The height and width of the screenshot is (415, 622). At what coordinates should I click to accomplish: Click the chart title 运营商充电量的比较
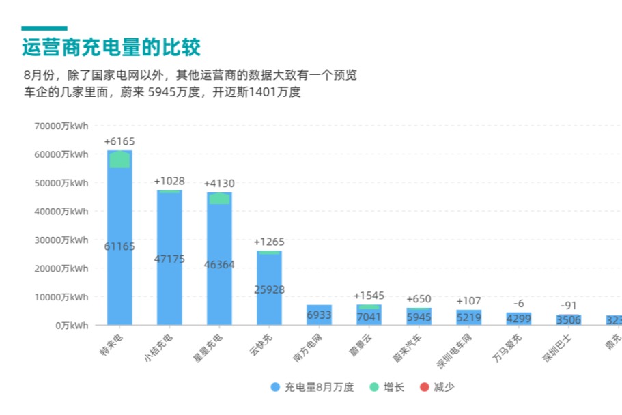[x=111, y=48]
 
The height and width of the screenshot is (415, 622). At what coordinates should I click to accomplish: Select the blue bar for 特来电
[x=119, y=273]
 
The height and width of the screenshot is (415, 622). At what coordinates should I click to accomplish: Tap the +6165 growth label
[x=119, y=141]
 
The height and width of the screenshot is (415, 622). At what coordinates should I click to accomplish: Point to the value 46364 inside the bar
[x=219, y=264]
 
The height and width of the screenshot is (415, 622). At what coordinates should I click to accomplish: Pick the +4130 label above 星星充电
[x=219, y=183]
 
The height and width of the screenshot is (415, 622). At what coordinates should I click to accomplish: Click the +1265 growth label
[x=269, y=242]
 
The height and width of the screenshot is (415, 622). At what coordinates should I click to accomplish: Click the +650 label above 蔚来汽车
[x=419, y=299]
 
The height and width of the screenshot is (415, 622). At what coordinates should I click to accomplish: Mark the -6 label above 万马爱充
[x=519, y=304]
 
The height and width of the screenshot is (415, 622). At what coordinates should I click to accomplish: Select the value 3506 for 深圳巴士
[x=568, y=319]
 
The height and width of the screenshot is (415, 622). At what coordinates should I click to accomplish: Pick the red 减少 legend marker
[x=424, y=387]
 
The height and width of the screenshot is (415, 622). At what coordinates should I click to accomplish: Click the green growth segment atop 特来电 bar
[x=119, y=159]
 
